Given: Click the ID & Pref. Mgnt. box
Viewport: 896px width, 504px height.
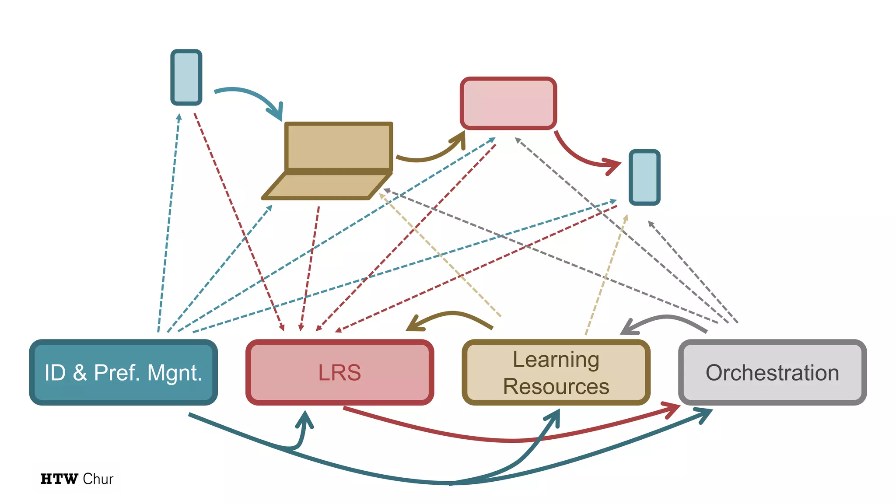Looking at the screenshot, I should (123, 372).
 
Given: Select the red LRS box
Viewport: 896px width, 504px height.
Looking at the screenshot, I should (339, 372).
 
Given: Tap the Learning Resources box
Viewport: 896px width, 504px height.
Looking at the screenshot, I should (556, 372).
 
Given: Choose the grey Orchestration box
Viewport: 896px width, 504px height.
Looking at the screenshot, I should (772, 372).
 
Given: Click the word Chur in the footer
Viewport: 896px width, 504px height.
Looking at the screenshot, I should (98, 479).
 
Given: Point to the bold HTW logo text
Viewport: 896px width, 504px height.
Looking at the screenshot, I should (59, 479).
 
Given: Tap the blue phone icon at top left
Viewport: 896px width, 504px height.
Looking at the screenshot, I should (186, 77).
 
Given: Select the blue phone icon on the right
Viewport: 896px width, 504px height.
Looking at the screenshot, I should (644, 177).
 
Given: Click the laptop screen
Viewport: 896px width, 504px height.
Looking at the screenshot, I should (338, 147).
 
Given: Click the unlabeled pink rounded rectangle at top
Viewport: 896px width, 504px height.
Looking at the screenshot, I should (508, 103).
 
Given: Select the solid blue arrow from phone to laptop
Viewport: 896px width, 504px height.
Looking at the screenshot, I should (249, 94).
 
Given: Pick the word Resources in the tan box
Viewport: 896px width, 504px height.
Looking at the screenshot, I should (556, 386).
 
